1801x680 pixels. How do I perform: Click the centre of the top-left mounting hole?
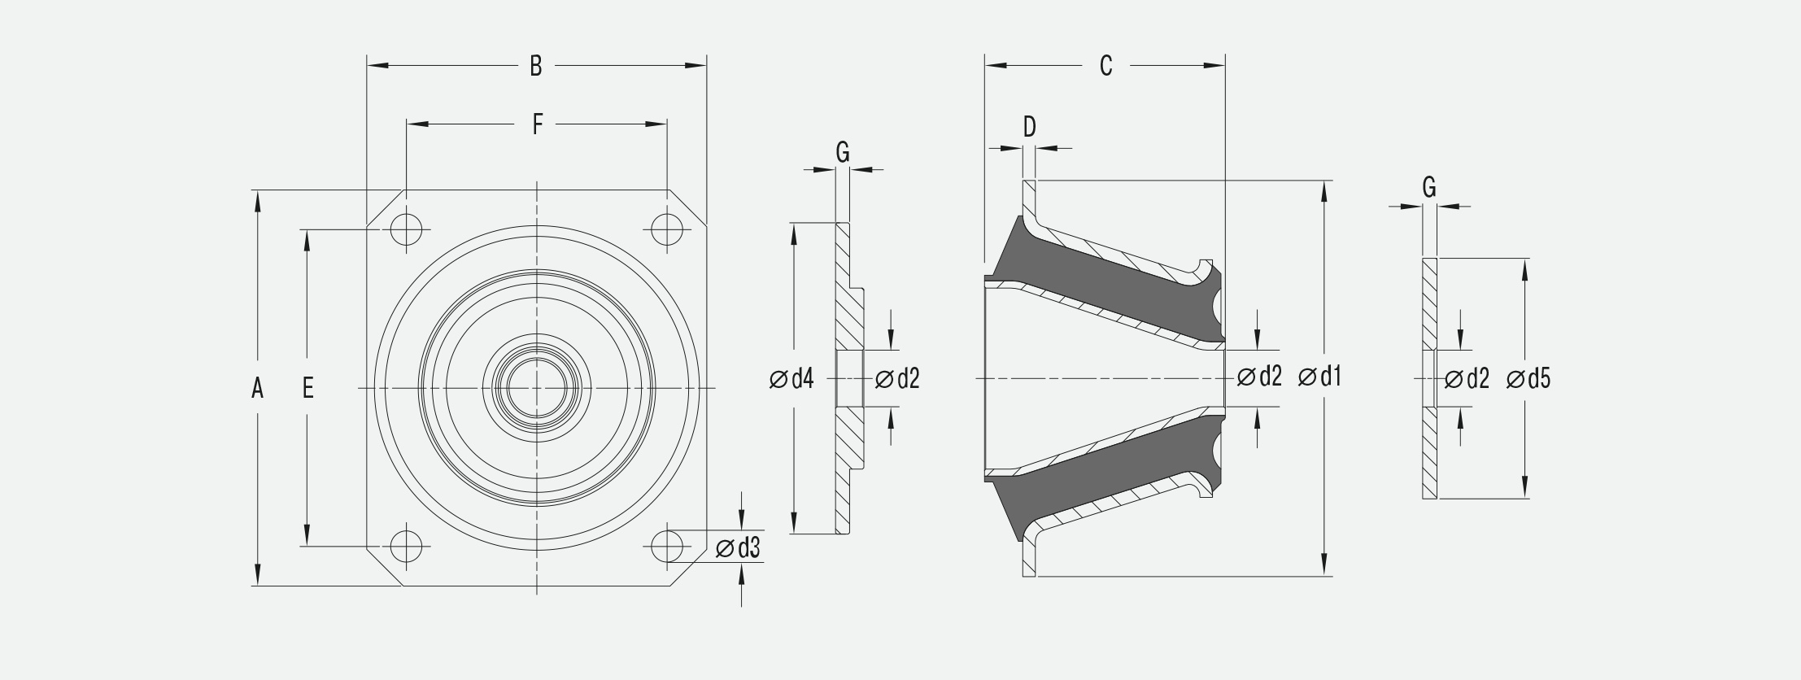click(x=406, y=229)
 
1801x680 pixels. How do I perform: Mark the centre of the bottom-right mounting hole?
click(x=667, y=546)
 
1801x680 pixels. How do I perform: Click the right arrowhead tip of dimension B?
click(x=706, y=65)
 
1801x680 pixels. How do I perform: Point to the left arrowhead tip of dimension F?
click(x=407, y=124)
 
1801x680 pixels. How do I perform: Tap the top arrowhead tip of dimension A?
click(x=257, y=190)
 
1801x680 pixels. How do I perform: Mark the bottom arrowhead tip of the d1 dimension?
click(x=1325, y=576)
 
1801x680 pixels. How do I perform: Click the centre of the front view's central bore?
click(x=537, y=388)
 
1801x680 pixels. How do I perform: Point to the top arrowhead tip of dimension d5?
click(x=1524, y=259)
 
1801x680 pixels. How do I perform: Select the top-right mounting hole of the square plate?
click(x=667, y=229)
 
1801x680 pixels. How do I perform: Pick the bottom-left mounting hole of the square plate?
click(x=406, y=546)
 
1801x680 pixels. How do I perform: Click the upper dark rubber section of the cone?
click(x=1114, y=281)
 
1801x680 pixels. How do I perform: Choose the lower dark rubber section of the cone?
click(x=1114, y=476)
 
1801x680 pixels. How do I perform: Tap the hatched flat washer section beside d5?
click(x=1429, y=378)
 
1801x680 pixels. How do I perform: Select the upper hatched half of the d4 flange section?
click(x=848, y=286)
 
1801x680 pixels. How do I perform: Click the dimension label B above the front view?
click(x=535, y=66)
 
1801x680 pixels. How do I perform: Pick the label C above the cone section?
click(x=1105, y=66)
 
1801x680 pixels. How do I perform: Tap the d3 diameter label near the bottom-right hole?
click(x=738, y=549)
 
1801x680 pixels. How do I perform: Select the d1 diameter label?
click(x=1320, y=377)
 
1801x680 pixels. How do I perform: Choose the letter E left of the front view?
click(x=307, y=388)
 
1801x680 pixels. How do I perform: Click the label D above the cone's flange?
click(x=1029, y=127)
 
